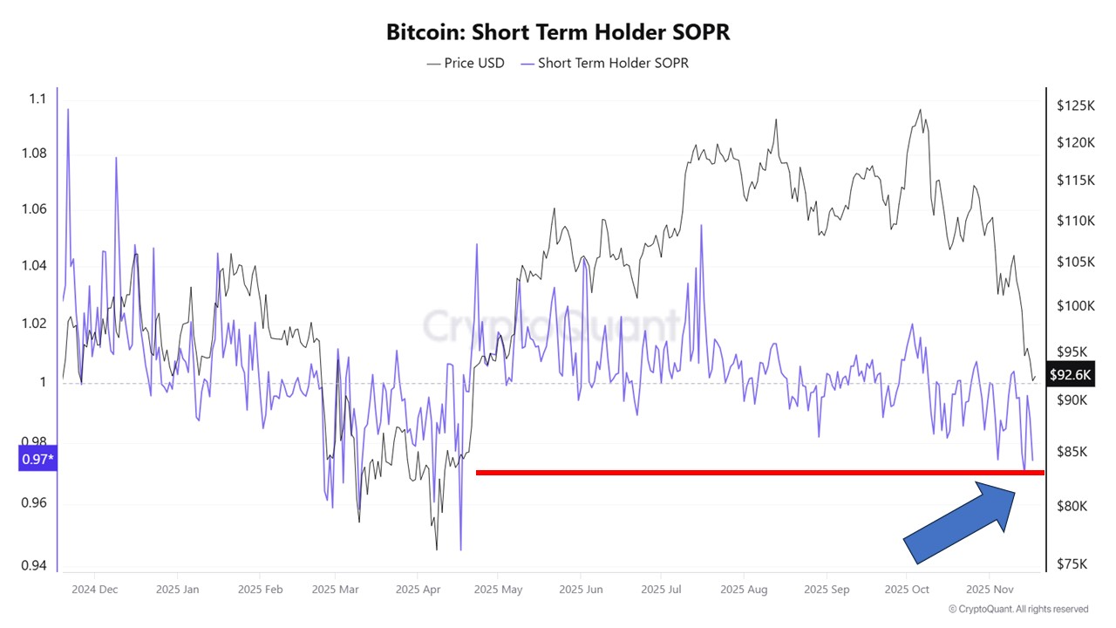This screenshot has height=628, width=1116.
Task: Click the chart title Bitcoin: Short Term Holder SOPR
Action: [x=558, y=32]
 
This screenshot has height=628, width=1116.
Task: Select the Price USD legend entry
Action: [x=466, y=63]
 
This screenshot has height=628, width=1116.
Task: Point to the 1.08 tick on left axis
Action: [x=36, y=154]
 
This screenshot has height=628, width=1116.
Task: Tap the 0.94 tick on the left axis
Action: [x=36, y=565]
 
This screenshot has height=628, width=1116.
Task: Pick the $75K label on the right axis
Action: [x=1072, y=564]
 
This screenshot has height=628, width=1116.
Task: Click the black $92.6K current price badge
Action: [x=1070, y=375]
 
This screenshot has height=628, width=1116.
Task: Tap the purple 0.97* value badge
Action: [x=37, y=458]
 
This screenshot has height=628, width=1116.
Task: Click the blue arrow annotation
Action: [x=959, y=523]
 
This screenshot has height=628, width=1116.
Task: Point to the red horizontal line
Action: [x=759, y=473]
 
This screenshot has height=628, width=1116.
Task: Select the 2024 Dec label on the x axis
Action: [x=96, y=590]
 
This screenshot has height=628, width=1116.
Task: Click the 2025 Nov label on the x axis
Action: [x=989, y=590]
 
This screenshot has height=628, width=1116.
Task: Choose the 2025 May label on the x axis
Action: [x=498, y=590]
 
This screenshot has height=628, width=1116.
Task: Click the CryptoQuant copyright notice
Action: [x=1018, y=609]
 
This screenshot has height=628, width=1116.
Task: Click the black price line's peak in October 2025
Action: [x=920, y=110]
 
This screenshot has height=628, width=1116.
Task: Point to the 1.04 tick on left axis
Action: [x=36, y=265]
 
